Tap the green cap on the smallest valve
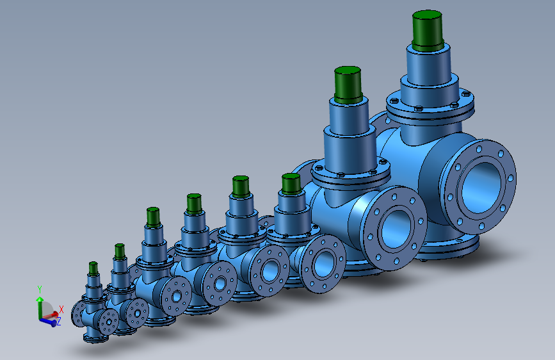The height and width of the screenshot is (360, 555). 93,268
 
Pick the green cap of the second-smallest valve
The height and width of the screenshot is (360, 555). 120,251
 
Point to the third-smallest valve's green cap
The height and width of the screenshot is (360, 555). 152,217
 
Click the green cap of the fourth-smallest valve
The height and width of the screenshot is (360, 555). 194,204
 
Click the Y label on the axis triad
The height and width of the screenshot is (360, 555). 40,289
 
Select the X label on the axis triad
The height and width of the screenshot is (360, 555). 61,309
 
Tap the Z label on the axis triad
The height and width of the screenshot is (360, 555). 58,322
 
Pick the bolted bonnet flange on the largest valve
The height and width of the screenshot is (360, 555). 430,109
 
